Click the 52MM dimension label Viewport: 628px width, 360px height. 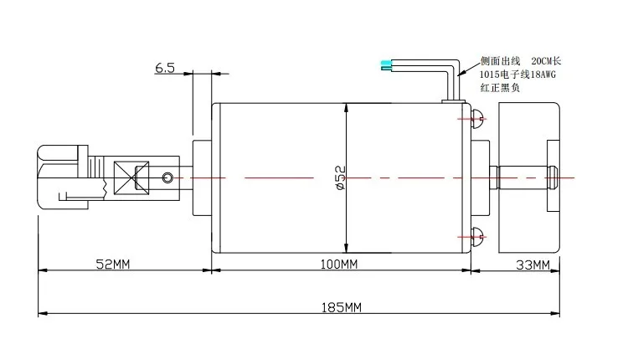113,264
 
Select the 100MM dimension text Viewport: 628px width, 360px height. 339,264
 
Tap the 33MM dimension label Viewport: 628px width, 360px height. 533,265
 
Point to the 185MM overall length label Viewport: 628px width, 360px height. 342,307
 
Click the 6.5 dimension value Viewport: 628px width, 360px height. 165,68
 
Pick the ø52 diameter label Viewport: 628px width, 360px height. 340,177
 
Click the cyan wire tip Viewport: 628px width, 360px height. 385,65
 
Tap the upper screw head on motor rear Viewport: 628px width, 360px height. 477,119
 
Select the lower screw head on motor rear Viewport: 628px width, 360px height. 477,237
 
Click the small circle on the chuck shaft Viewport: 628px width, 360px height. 167,177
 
